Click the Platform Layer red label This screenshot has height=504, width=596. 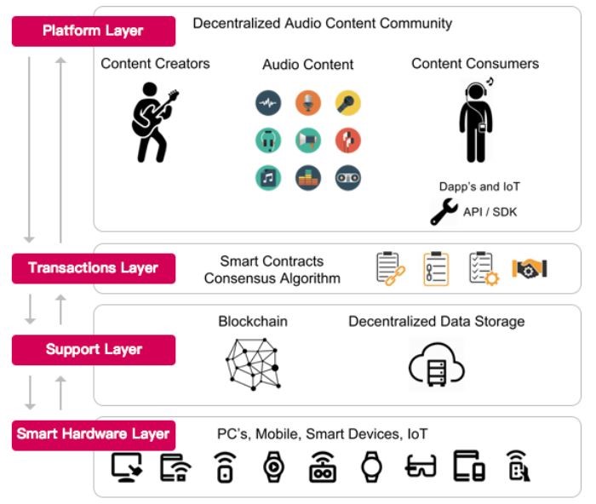coord(93,31)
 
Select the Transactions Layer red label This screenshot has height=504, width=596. coord(93,268)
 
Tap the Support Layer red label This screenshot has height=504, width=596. coord(93,350)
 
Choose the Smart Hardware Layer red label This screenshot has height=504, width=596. coord(93,434)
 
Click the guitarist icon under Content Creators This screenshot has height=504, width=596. coord(154,121)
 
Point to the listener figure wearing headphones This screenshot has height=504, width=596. coord(475,119)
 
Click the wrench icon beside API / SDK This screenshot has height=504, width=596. coord(444,211)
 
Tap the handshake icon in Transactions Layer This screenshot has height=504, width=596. coord(529,268)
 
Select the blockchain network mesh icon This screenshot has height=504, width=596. coord(253,363)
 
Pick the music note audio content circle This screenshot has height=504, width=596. coord(267,178)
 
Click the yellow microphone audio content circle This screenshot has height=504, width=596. coord(348,104)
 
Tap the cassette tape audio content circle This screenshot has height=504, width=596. coord(348,178)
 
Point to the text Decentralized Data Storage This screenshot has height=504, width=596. coord(436,322)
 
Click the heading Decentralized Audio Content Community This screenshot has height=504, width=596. coord(323,23)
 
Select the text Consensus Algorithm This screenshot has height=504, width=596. coord(272,278)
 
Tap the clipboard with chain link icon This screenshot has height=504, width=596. coord(391,268)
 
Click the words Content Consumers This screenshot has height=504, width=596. coord(475,64)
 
